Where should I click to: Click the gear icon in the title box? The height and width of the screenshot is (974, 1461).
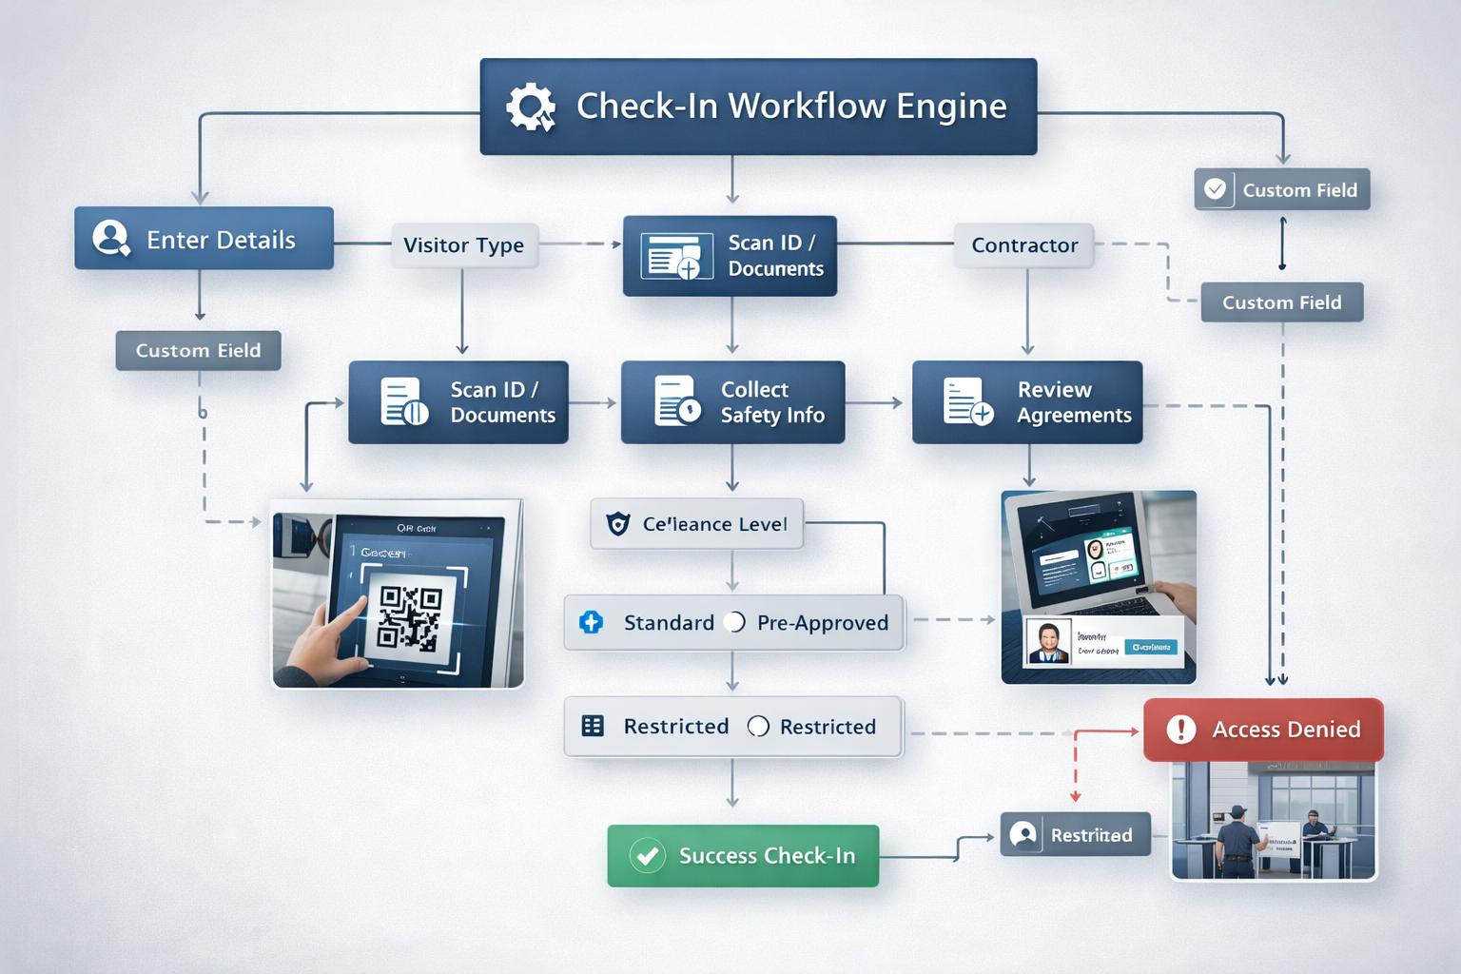tap(530, 107)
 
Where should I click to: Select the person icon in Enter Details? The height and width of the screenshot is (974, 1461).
tap(110, 238)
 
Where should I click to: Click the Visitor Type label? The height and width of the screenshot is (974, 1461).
tap(463, 245)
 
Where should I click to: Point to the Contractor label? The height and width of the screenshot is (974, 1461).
tap(1024, 245)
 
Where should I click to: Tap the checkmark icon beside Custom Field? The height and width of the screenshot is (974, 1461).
tap(1215, 189)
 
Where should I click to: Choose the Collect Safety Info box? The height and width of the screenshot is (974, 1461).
tap(732, 402)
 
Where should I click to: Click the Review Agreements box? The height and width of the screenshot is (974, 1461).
tap(1027, 402)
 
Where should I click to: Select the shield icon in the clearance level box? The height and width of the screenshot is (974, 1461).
tap(618, 524)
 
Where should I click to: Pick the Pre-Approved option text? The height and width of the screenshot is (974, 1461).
tap(823, 623)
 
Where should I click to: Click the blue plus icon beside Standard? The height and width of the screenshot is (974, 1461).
tap(591, 623)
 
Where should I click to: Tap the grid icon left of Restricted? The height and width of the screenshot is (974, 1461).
tap(593, 727)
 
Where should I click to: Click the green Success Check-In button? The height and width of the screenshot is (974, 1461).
tap(743, 856)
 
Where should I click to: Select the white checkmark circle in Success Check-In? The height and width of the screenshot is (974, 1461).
tap(648, 856)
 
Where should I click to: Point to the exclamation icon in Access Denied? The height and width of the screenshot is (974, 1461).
tap(1181, 730)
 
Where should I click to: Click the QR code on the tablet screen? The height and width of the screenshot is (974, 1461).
tap(410, 617)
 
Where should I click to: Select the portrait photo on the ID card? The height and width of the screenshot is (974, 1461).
tap(1049, 642)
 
